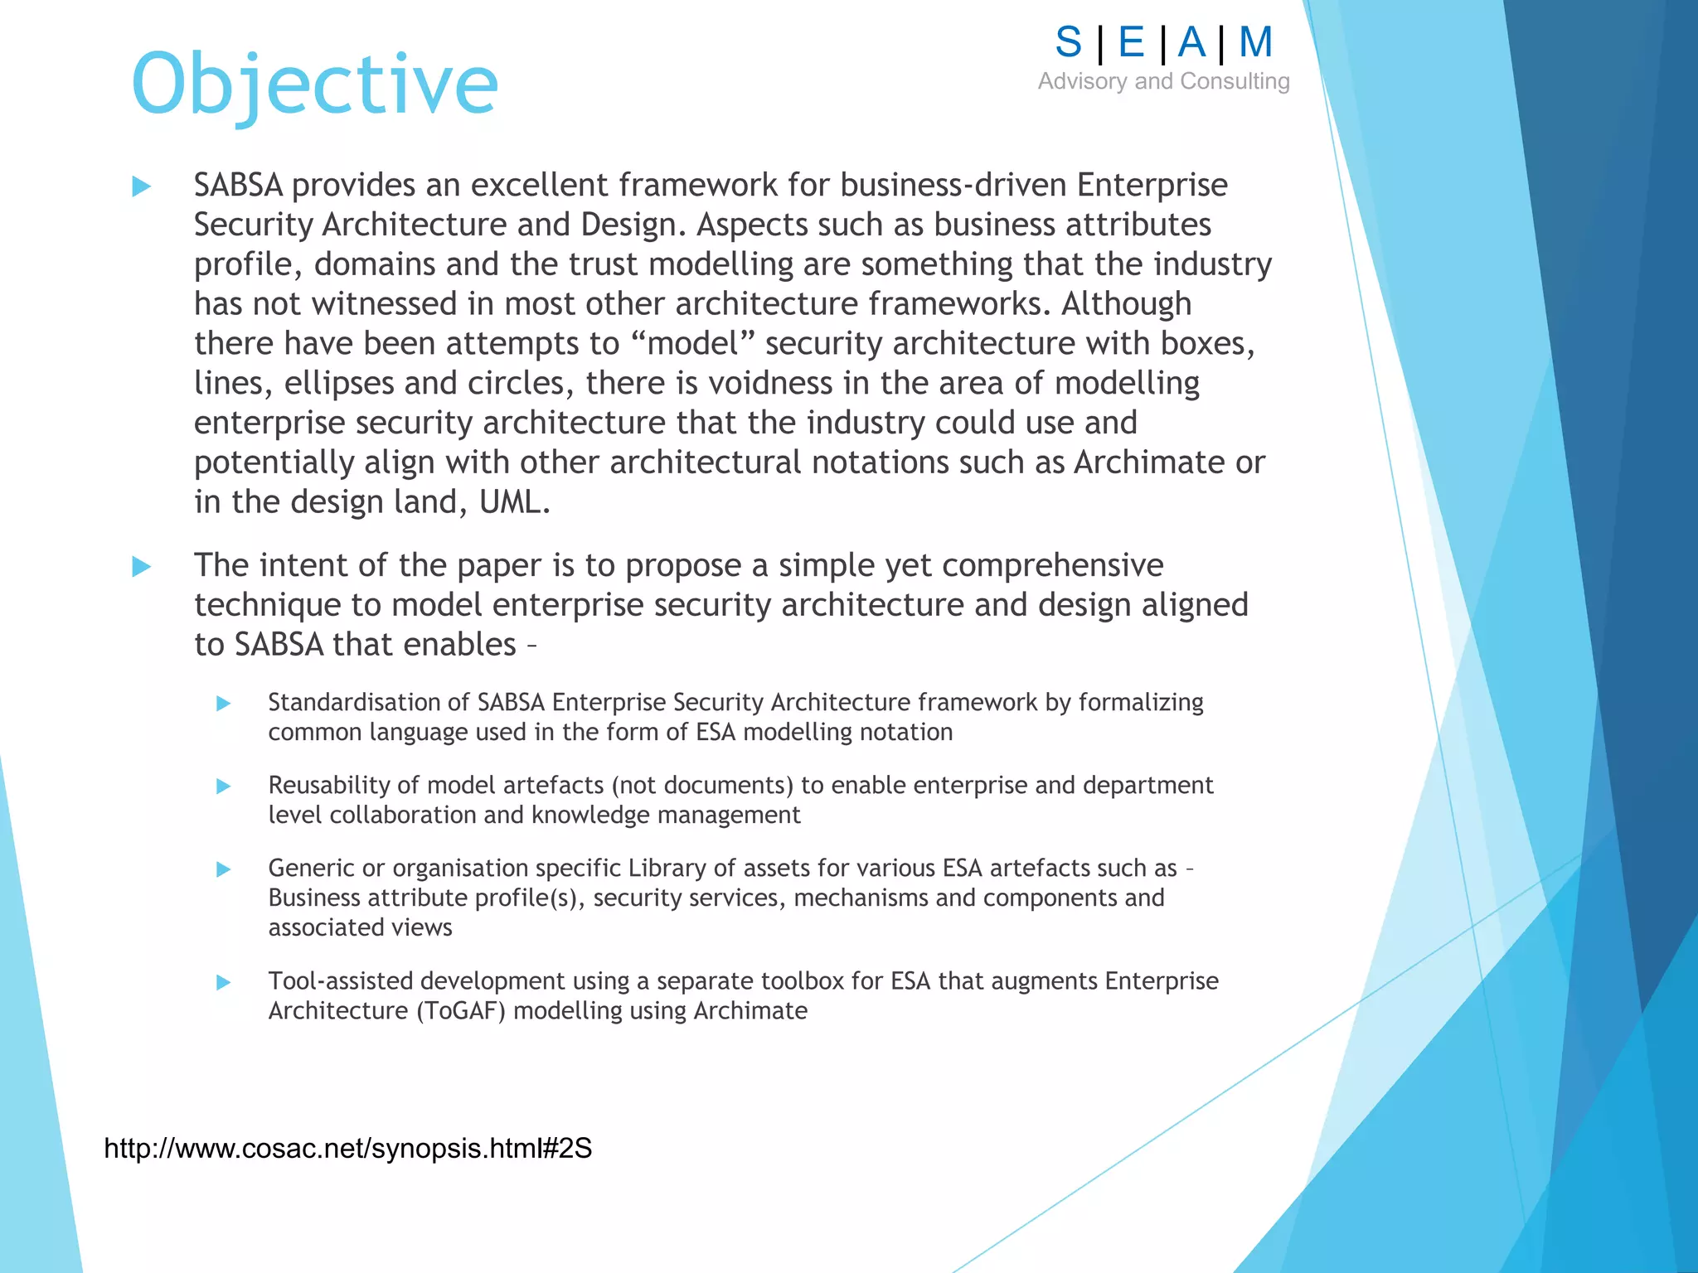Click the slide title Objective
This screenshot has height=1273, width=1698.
(x=314, y=85)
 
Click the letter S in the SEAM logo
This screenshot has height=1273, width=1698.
(x=1069, y=42)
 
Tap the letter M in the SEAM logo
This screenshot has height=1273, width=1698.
(x=1255, y=42)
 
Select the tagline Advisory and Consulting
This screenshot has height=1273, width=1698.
(x=1163, y=81)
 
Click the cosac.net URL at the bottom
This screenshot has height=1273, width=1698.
(x=347, y=1149)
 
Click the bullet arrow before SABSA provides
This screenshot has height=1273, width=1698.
(x=142, y=186)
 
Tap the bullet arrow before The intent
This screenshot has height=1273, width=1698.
(x=142, y=567)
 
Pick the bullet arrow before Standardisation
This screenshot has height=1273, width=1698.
(x=223, y=704)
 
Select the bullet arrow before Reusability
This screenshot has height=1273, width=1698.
(x=223, y=786)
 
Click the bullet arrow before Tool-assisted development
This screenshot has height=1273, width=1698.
(x=223, y=982)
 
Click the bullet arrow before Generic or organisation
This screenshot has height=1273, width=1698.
(x=223, y=869)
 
